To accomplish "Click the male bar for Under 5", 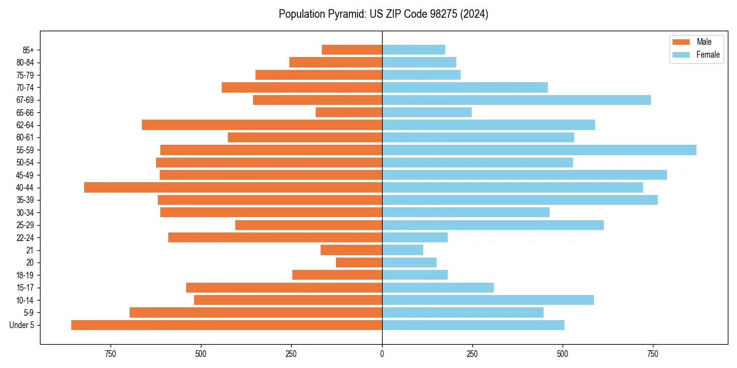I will coord(227,325).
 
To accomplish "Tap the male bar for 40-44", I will coord(233,187).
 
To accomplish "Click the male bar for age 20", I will coord(359,263).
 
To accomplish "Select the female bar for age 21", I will coord(402,250).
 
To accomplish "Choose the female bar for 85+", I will coord(413,50).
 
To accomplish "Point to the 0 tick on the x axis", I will coord(382,354).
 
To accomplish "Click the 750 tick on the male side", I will coord(111,354).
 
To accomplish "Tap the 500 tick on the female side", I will coord(562,354).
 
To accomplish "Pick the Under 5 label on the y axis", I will coord(22,325).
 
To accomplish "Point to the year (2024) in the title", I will coord(475,14).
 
